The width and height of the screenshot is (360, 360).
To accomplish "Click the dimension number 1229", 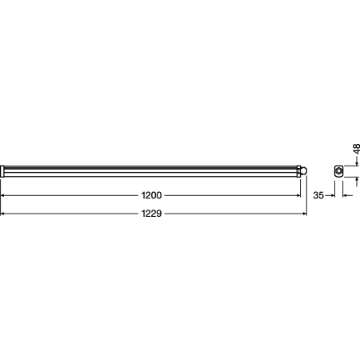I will pyautogui.click(x=153, y=214).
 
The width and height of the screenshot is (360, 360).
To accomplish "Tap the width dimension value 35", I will pyautogui.click(x=318, y=195).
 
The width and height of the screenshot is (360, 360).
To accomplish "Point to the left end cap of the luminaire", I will pyautogui.click(x=2, y=170).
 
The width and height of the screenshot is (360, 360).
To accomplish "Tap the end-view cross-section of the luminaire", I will pyautogui.click(x=338, y=170).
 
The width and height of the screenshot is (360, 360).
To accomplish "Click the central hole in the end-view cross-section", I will pyautogui.click(x=339, y=170).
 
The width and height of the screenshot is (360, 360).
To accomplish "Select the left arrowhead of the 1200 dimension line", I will pyautogui.click(x=3, y=195).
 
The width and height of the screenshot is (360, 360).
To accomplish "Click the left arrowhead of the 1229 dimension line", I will pyautogui.click(x=3, y=214).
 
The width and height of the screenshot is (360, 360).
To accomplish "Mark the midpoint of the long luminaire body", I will pyautogui.click(x=152, y=170).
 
